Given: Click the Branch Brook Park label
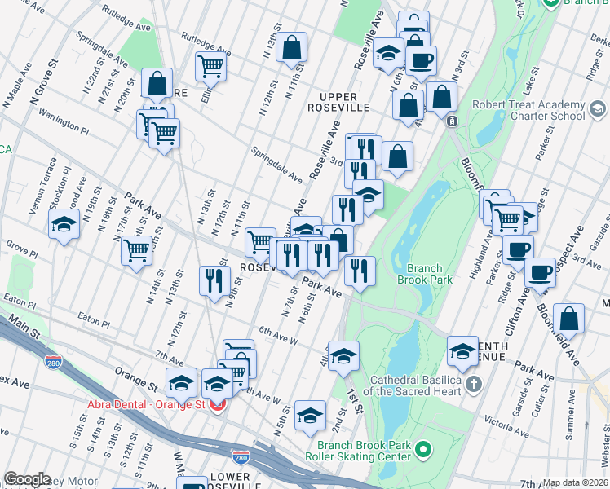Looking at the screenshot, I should pyautogui.click(x=420, y=273).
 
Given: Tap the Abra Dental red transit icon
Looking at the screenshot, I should pyautogui.click(x=218, y=404).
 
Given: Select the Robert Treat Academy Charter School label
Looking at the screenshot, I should pyautogui.click(x=529, y=110).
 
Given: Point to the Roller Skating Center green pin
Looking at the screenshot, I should pyautogui.click(x=422, y=449).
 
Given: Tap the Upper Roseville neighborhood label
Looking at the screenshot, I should pyautogui.click(x=339, y=101).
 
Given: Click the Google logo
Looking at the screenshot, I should pyautogui.click(x=27, y=479).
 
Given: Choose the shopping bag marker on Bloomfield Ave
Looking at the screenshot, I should pyautogui.click(x=569, y=319).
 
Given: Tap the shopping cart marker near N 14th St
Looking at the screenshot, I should pyautogui.click(x=136, y=249).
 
